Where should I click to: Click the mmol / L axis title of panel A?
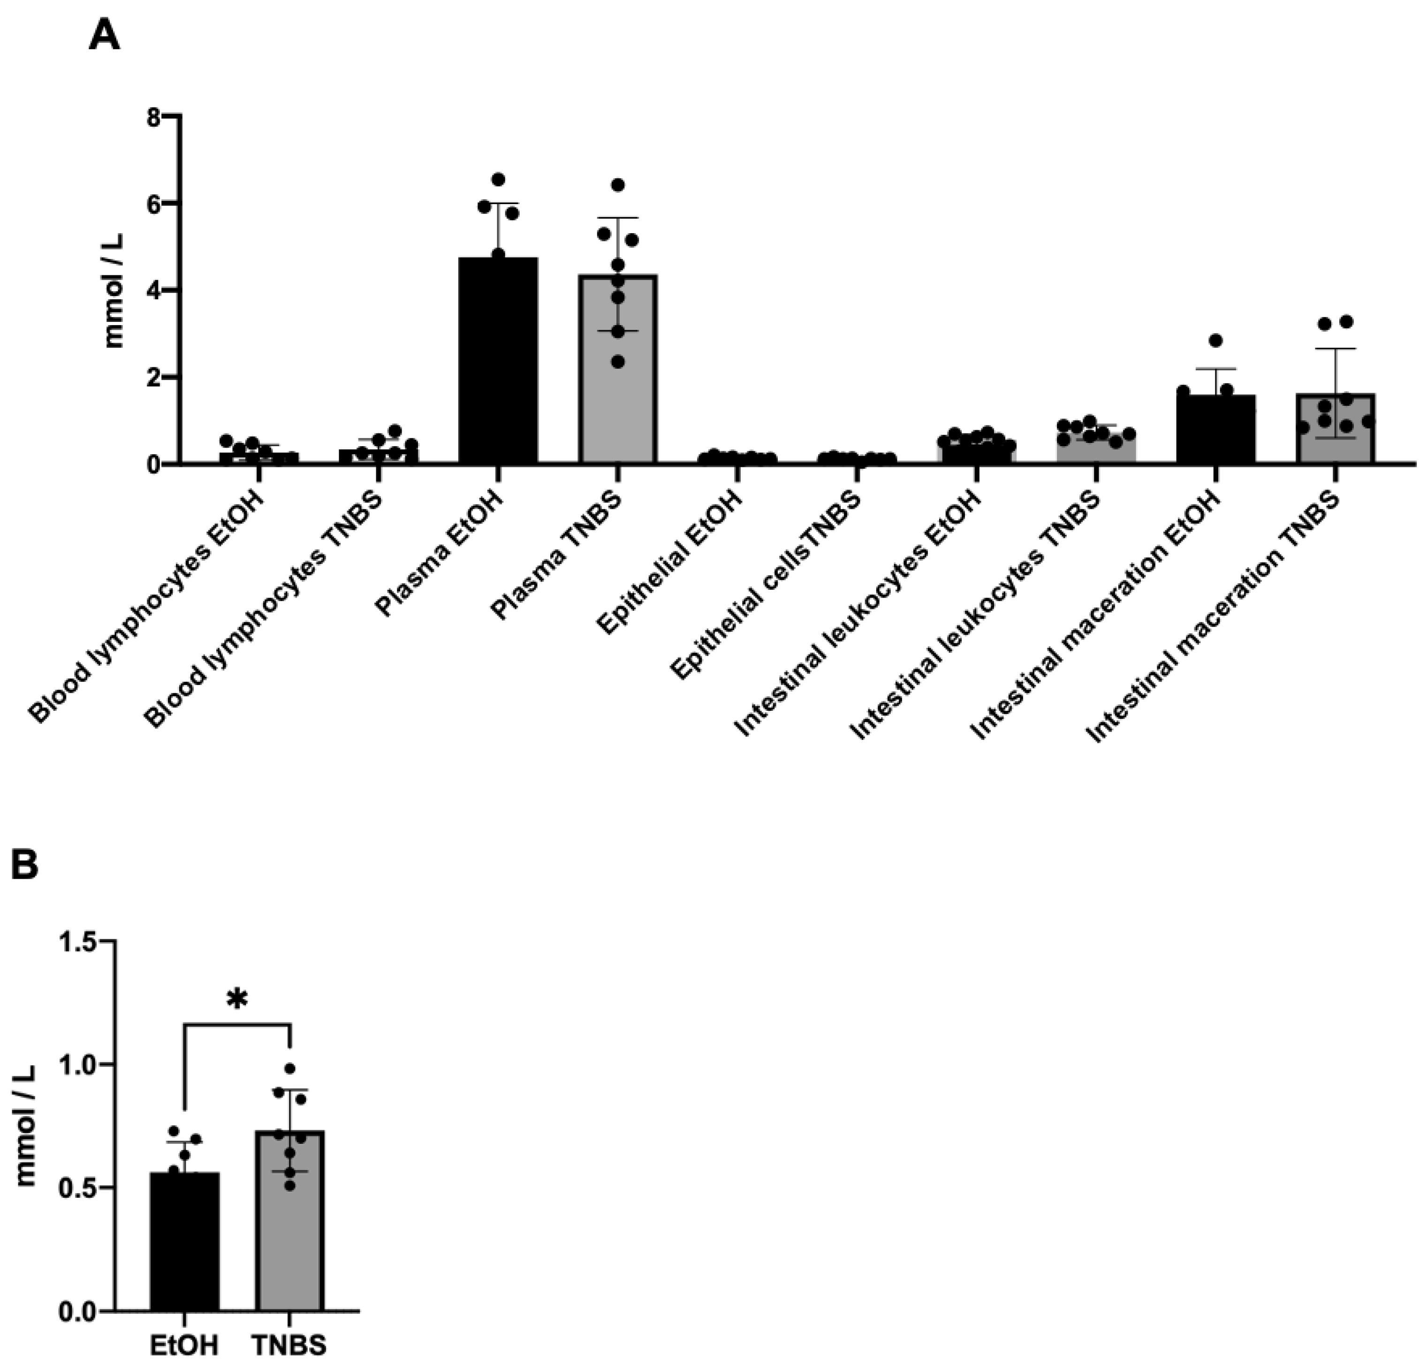pyautogui.click(x=114, y=290)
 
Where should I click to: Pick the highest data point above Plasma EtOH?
pyautogui.click(x=499, y=179)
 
